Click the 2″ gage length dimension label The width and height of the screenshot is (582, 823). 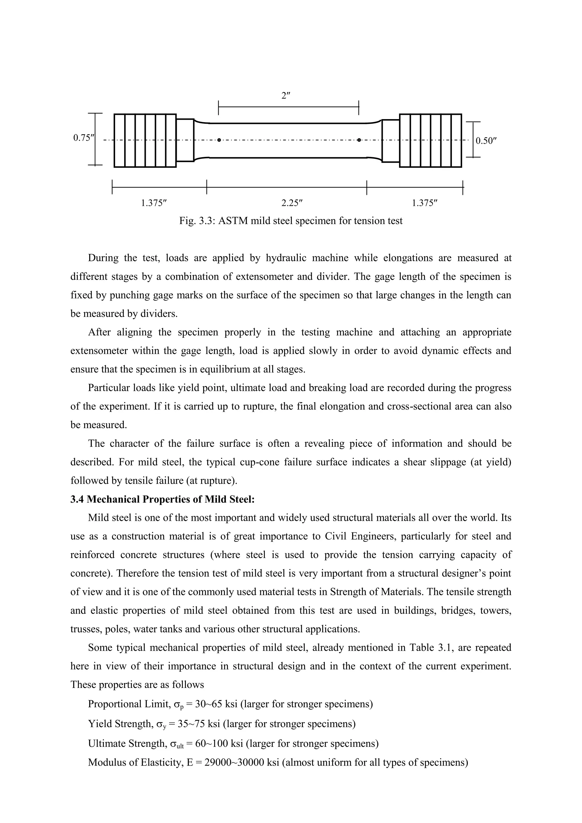pos(286,96)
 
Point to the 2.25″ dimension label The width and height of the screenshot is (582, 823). pos(292,203)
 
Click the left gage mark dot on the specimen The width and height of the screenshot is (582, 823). pos(219,140)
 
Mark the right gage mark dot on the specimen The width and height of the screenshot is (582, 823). pos(359,140)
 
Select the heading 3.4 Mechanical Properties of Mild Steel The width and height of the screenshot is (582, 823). pos(162,499)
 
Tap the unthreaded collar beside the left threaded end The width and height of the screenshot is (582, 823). pos(185,140)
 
